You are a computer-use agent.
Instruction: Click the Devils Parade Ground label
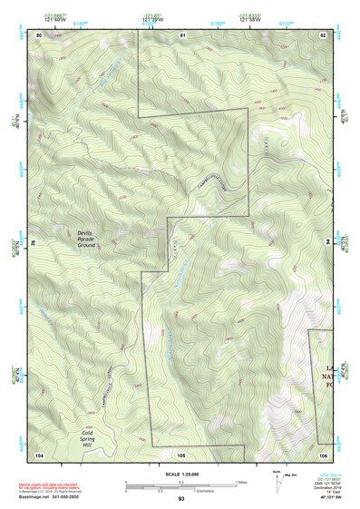pyautogui.click(x=86, y=239)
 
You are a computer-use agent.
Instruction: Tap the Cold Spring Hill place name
pyautogui.click(x=87, y=439)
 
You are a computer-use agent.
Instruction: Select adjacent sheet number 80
pyautogui.click(x=39, y=34)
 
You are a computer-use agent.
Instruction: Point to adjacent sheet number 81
pyautogui.click(x=182, y=34)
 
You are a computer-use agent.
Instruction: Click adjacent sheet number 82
pyautogui.click(x=323, y=34)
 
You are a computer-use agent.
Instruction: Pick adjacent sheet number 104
pyautogui.click(x=39, y=453)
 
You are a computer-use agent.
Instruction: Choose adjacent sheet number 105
pyautogui.click(x=182, y=453)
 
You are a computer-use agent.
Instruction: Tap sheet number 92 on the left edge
pyautogui.click(x=34, y=243)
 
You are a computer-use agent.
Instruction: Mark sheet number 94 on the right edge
pyautogui.click(x=328, y=243)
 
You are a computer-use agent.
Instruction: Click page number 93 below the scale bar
pyautogui.click(x=180, y=499)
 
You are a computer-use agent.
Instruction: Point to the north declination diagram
pyautogui.click(x=277, y=478)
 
